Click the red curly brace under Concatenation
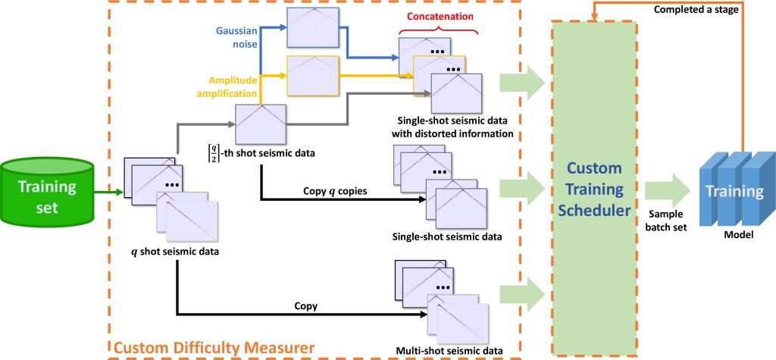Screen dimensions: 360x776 pos(437,31)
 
